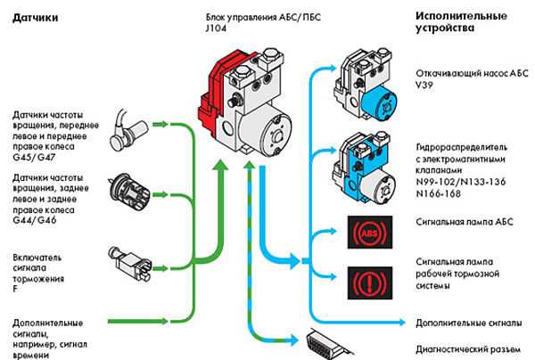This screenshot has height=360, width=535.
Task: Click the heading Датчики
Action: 35,18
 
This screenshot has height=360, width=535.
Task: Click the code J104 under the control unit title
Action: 216,29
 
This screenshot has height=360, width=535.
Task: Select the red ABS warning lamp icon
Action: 370,233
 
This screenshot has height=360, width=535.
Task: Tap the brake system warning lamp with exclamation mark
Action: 370,283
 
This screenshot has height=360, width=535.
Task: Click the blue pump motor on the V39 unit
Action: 379,103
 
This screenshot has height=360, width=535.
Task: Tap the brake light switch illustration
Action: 130,263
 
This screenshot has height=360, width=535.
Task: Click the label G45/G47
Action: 34,158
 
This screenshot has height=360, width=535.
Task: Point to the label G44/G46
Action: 35,220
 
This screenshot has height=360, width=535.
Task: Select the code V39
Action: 424,85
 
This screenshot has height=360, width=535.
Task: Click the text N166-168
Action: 439,193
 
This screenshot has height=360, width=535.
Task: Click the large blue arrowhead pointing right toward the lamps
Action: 294,261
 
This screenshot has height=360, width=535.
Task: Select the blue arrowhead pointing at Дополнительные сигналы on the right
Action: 401,323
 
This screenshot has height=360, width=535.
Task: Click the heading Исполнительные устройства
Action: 461,21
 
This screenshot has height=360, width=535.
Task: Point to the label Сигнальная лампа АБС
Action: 465,222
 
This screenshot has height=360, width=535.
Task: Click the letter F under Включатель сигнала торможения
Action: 15,289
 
